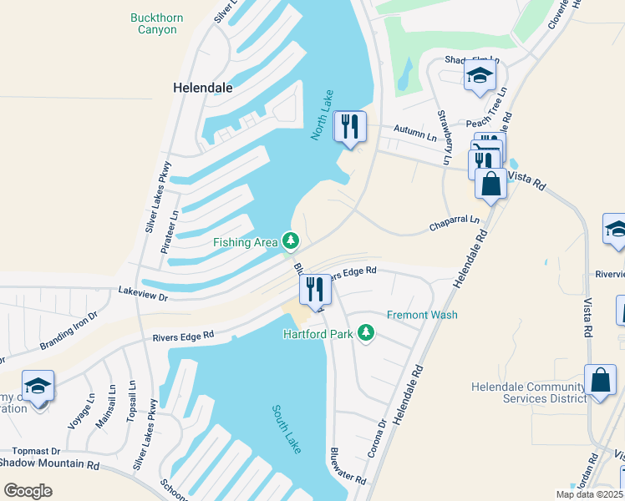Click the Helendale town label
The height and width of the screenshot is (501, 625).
click(202, 87)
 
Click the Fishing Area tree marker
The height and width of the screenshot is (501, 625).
click(291, 242)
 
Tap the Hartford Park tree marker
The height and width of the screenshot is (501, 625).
click(365, 334)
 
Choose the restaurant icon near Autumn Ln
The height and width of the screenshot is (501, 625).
click(349, 127)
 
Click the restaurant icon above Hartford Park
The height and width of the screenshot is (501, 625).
click(315, 290)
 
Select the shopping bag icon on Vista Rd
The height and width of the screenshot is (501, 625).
click(490, 184)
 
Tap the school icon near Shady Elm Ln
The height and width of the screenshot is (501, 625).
click(480, 77)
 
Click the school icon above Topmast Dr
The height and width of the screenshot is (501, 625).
click(38, 386)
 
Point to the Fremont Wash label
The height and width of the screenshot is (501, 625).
click(422, 315)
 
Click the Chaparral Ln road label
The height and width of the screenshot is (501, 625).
click(455, 221)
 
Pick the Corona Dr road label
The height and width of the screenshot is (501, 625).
click(378, 439)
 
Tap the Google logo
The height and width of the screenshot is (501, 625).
click(28, 490)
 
